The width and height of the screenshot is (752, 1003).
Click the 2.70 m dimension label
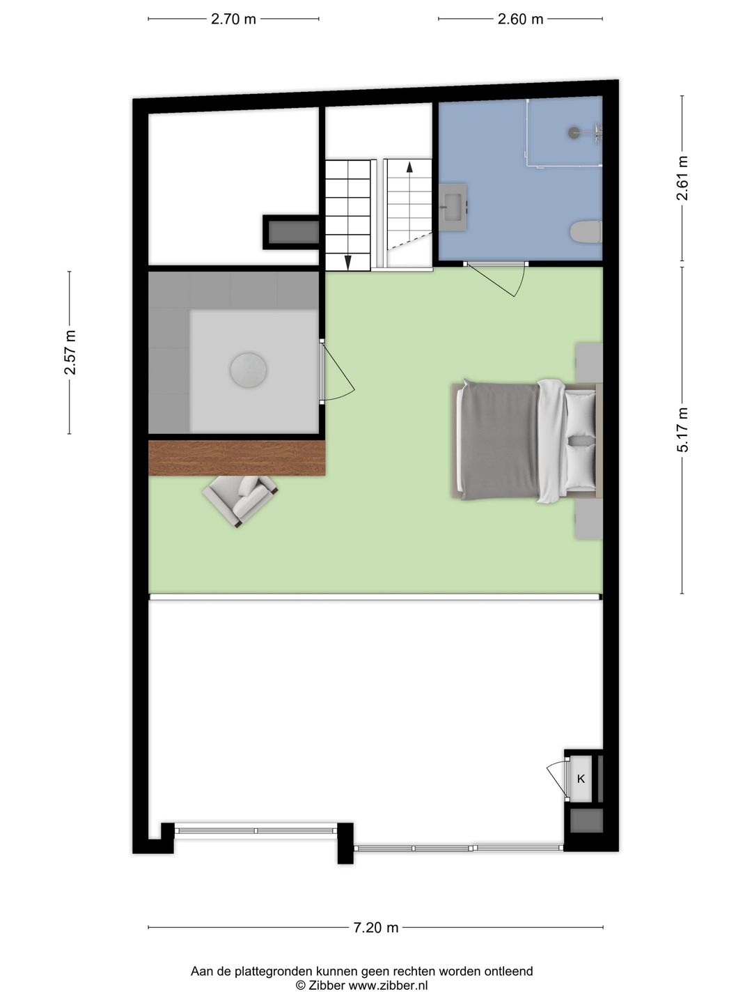233,19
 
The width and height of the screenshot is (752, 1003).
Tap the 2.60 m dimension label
520,19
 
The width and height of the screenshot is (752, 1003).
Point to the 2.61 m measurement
683,178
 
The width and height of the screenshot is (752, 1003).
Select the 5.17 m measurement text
683,430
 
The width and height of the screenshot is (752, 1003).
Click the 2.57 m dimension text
70,352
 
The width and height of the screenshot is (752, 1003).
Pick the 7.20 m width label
376,927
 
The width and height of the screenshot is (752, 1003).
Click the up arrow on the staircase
409,167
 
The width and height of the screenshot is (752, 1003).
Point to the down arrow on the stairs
347,261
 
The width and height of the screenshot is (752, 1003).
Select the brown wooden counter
237,458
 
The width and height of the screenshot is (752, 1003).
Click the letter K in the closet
581,779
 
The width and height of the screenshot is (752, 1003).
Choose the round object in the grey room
249,370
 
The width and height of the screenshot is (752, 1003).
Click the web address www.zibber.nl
388,985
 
